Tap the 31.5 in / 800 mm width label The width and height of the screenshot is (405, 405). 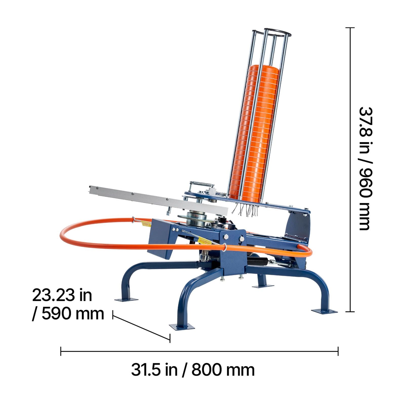193,370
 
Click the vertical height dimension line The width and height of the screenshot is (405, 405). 350,170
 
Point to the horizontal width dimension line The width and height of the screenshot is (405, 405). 199,351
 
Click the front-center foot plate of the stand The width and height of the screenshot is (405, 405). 183,326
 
